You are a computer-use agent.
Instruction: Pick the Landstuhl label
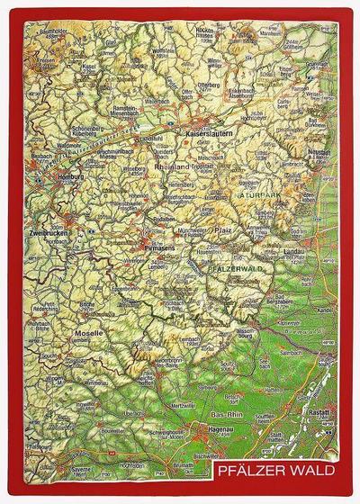[x=150, y=138]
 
